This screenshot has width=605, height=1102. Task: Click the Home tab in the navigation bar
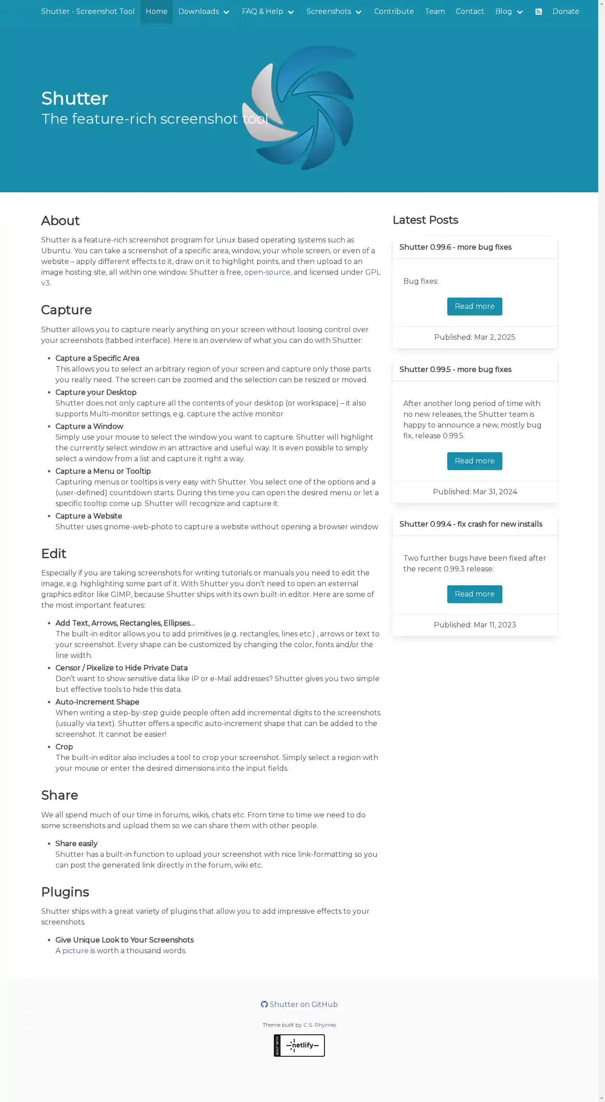[x=156, y=12]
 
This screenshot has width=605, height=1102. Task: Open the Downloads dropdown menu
[x=204, y=12]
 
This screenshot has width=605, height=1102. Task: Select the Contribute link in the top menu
[x=394, y=12]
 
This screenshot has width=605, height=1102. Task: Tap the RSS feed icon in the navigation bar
[x=539, y=12]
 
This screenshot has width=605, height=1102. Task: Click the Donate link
[x=566, y=12]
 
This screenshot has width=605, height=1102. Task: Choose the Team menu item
[x=435, y=12]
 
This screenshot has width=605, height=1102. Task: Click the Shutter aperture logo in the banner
[x=299, y=108]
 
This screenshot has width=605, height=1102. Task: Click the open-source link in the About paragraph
[x=267, y=272]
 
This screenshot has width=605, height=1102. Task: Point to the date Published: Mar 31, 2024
[x=475, y=492]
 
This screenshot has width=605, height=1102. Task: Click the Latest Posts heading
[x=425, y=220]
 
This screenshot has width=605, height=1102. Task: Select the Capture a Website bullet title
[x=89, y=516]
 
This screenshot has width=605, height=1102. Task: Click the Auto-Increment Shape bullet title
[x=97, y=702]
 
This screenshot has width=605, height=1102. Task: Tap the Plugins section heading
[x=65, y=892]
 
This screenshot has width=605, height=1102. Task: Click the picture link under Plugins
[x=75, y=951]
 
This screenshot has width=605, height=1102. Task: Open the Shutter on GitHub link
[x=299, y=1005]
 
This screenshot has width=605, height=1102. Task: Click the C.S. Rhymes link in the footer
[x=320, y=1025]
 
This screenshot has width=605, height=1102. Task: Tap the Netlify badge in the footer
[x=299, y=1046]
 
